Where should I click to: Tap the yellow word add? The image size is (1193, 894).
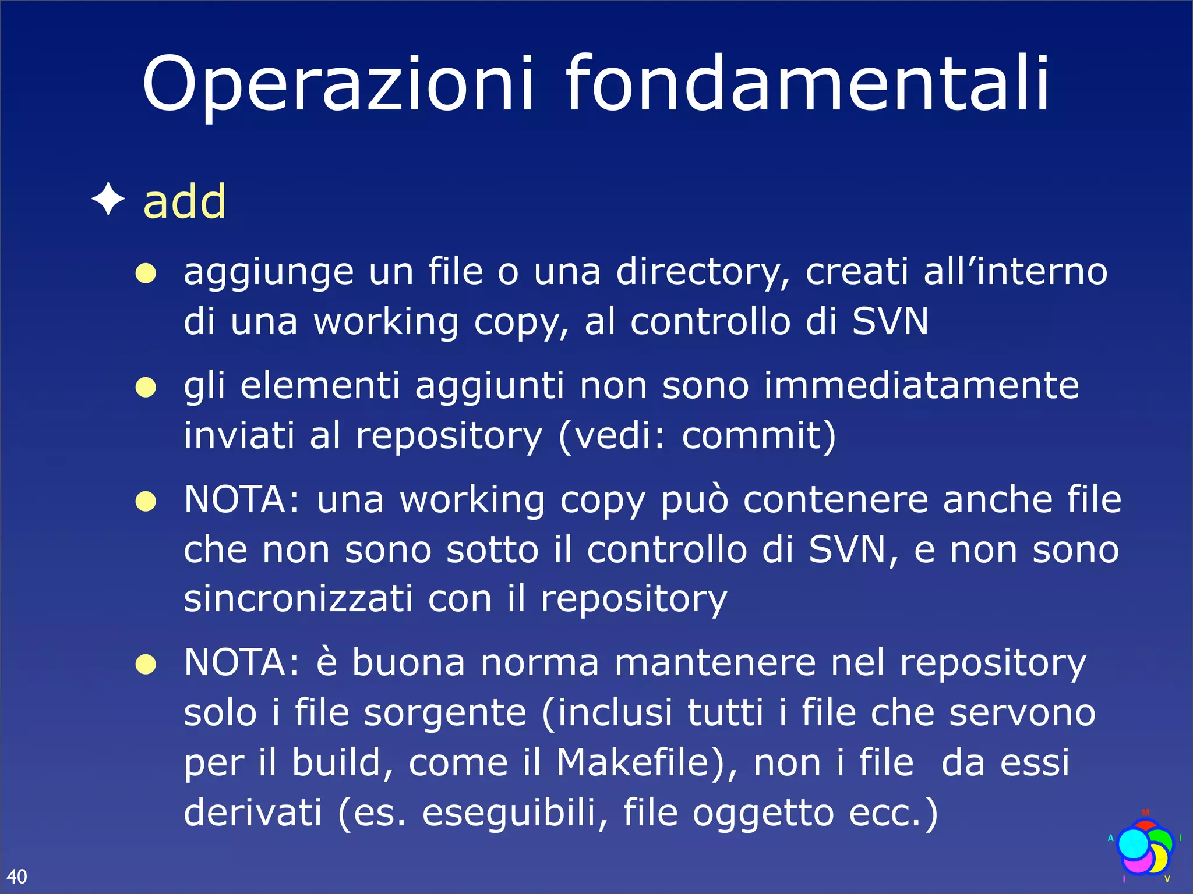pos(184,201)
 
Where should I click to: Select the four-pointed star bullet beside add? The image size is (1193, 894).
pos(108,199)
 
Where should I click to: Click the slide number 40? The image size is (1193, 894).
pos(17,876)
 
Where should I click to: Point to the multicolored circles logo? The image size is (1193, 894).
pos(1144,847)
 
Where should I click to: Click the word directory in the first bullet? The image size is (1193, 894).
pos(703,272)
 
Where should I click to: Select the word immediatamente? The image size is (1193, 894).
pos(921,385)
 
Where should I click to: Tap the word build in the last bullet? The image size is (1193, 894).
pos(336,762)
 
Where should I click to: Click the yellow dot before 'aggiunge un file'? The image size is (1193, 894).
pos(146,273)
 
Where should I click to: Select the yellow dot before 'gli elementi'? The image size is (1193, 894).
pos(146,387)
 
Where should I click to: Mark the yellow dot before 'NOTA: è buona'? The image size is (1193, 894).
pos(146,664)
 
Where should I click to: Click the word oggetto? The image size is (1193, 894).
pos(763,814)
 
